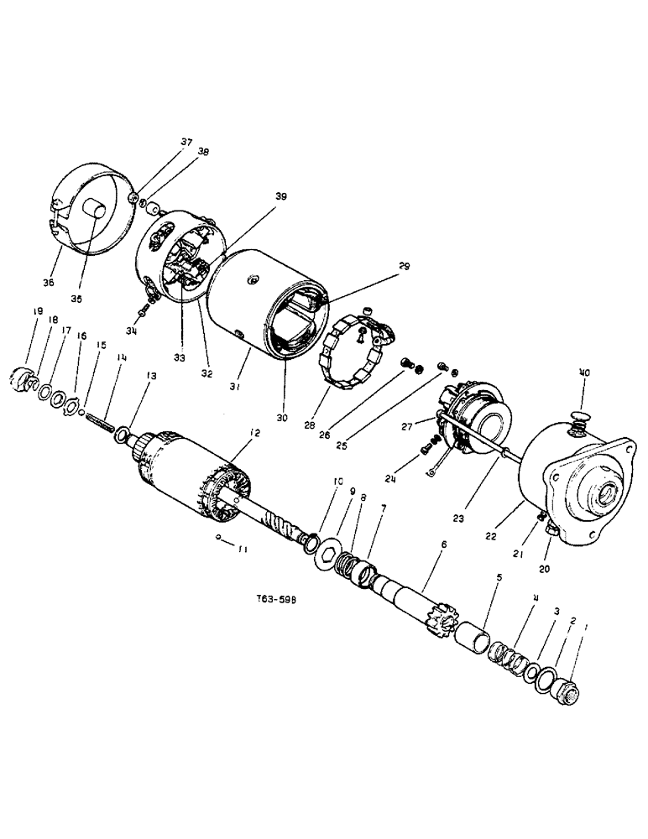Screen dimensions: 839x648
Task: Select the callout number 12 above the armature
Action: click(x=255, y=433)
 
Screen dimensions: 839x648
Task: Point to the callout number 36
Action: click(x=48, y=283)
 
